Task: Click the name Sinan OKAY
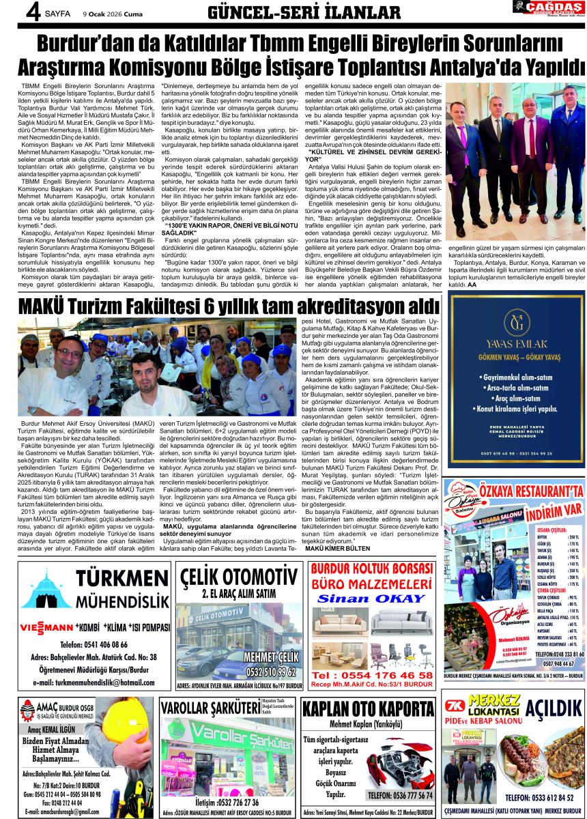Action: coord(371,598)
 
